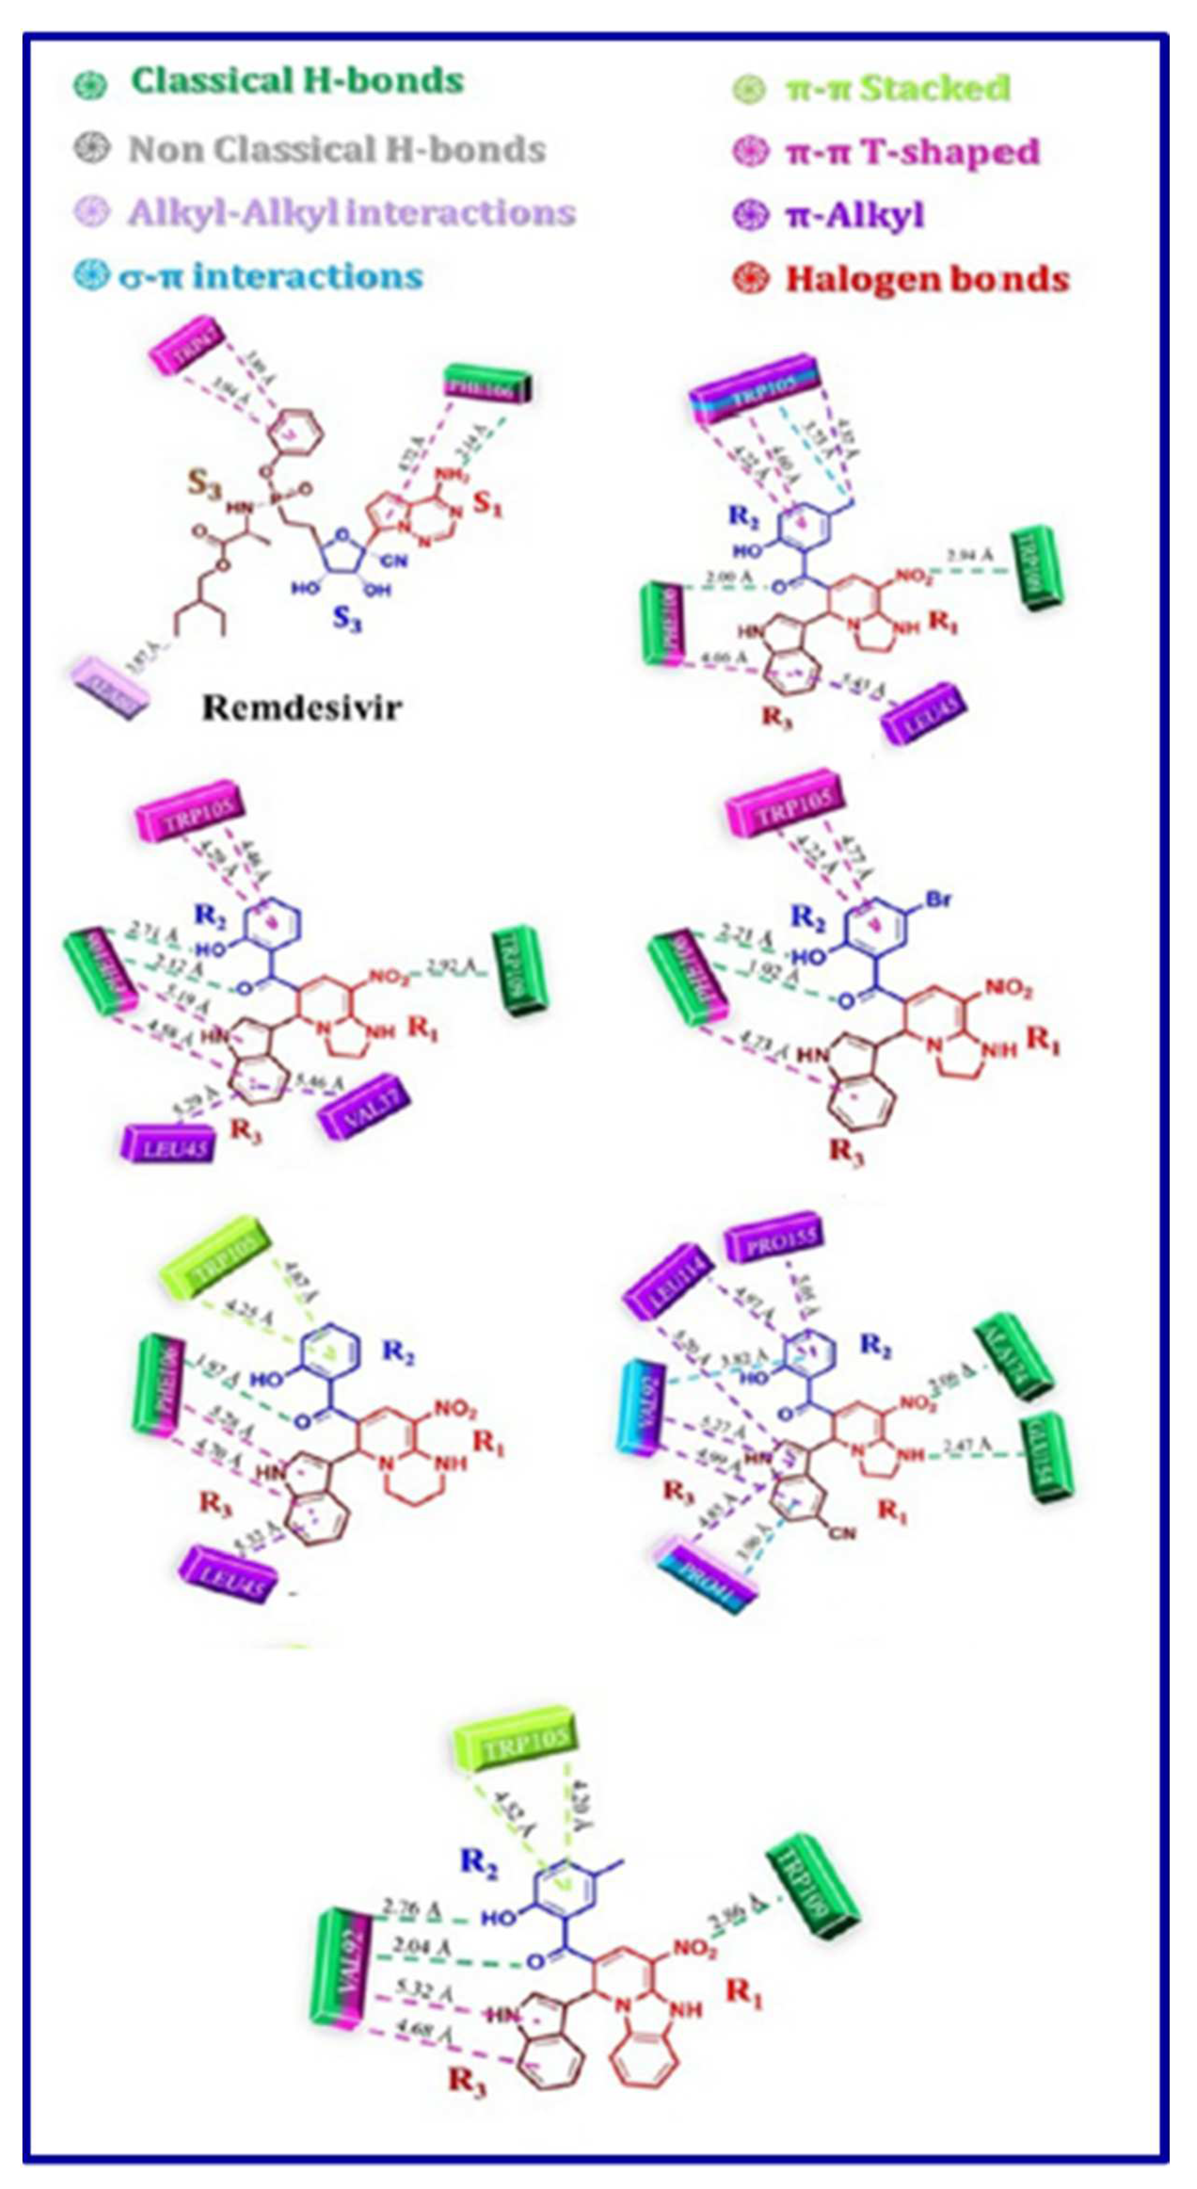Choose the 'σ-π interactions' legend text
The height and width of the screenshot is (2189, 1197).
(x=270, y=276)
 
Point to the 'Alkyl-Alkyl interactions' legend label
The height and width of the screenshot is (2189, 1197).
(x=351, y=212)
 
